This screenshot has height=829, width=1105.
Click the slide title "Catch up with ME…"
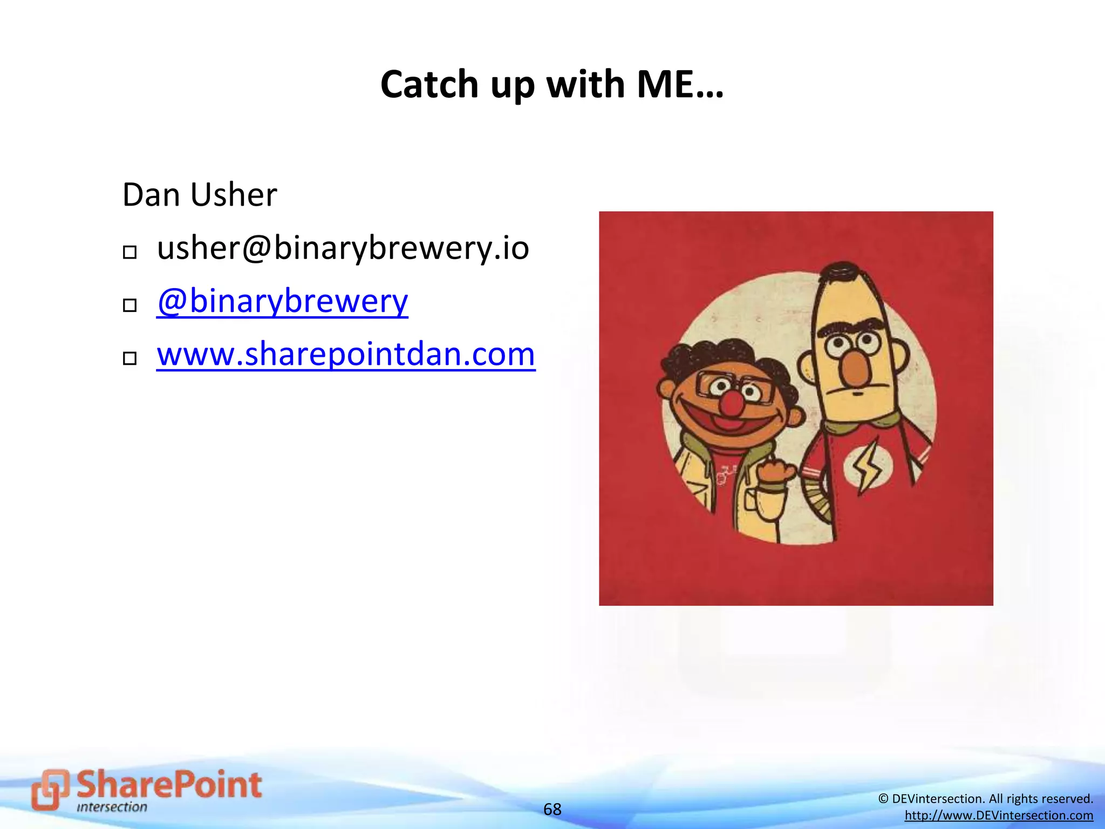(552, 85)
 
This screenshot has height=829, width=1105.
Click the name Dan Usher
(200, 195)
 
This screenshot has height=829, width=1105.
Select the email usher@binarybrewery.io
(343, 248)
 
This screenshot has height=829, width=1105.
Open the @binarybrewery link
(282, 301)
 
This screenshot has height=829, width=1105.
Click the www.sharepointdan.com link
(346, 355)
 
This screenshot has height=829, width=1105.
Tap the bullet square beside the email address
(129, 252)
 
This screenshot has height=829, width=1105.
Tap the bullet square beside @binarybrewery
(129, 305)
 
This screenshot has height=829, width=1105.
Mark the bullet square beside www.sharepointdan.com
(129, 358)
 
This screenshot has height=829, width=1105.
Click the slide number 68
(552, 809)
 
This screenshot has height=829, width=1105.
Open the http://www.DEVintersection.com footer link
(999, 816)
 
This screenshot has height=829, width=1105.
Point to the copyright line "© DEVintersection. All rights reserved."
(985, 799)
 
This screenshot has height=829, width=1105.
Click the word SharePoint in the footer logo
(169, 785)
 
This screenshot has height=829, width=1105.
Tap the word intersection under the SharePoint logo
(112, 807)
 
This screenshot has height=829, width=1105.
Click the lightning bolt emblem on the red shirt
(867, 468)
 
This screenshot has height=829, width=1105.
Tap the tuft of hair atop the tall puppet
(843, 269)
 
